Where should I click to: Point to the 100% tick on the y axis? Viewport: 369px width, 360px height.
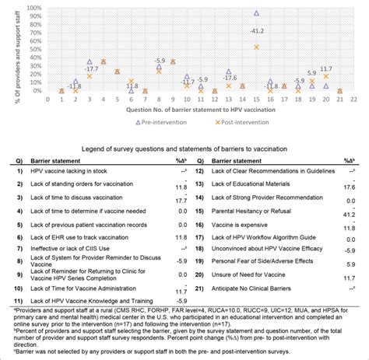(33, 8)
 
